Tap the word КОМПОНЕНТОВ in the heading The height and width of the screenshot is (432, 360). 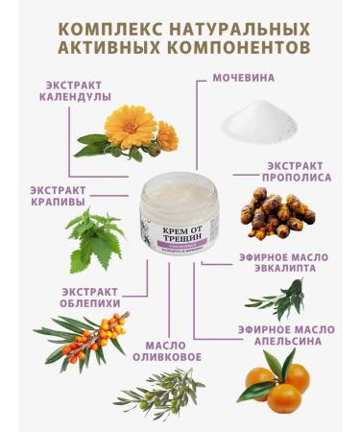[x=229, y=44]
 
